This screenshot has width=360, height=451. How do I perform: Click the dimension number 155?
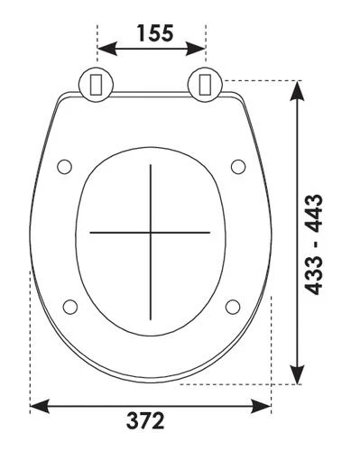click(155, 32)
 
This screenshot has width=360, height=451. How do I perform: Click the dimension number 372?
click(145, 421)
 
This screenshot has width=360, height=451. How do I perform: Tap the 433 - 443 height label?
click(314, 244)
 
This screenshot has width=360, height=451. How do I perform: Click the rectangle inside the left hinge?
click(97, 85)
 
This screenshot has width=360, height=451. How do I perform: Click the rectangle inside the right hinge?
click(206, 85)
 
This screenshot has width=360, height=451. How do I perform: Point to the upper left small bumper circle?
click(65, 167)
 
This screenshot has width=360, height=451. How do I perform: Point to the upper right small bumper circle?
click(238, 167)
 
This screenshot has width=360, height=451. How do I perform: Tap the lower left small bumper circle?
click(70, 307)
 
